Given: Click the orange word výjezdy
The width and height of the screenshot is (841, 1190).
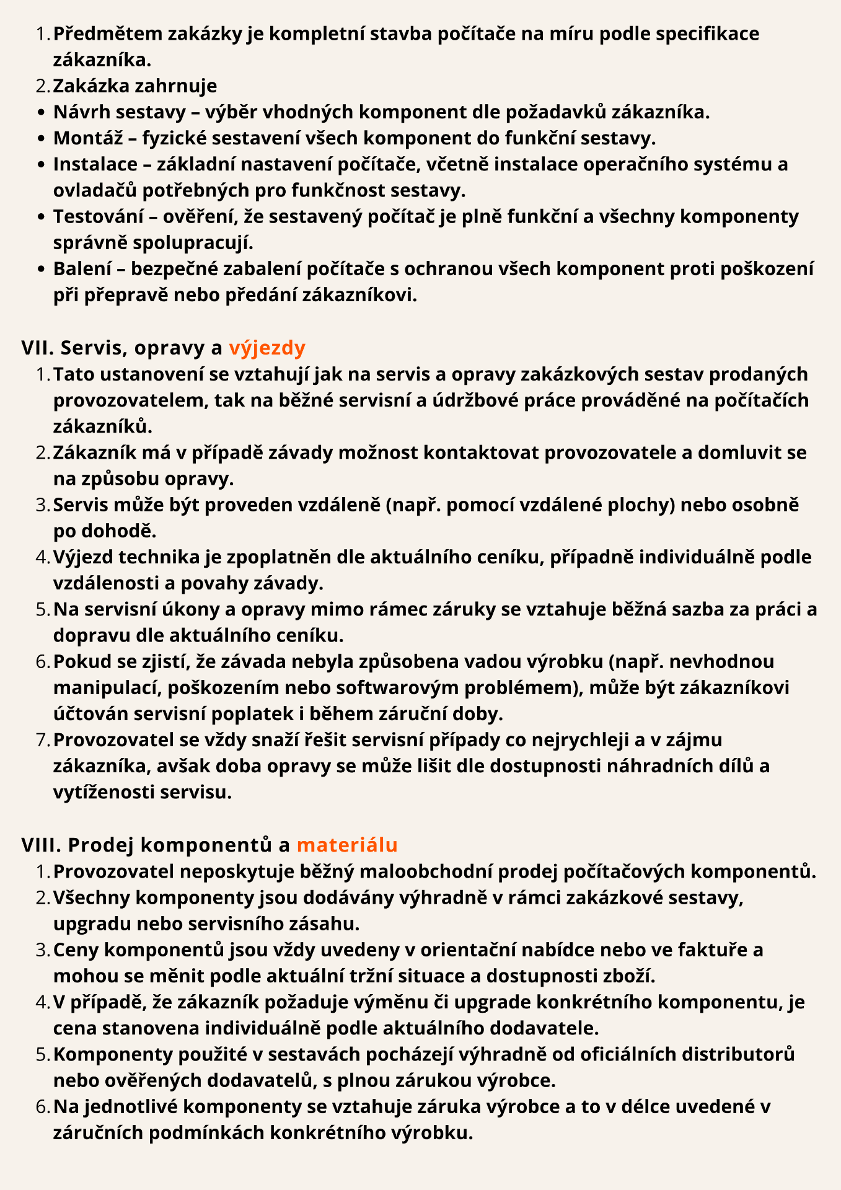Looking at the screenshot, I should click(267, 348).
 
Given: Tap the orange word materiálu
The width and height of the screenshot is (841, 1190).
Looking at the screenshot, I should click(347, 845).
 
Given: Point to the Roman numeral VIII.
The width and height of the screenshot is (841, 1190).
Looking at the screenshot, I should click(42, 845).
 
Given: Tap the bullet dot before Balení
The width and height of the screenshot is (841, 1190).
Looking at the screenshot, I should click(41, 269).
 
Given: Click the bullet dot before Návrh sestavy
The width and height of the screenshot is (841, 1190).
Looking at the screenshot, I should click(41, 113).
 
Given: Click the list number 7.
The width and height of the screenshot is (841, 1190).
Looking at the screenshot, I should click(42, 740).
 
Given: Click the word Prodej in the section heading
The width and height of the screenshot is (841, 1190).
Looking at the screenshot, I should click(103, 845).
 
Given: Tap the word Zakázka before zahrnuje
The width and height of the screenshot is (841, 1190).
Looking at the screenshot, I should click(90, 86).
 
